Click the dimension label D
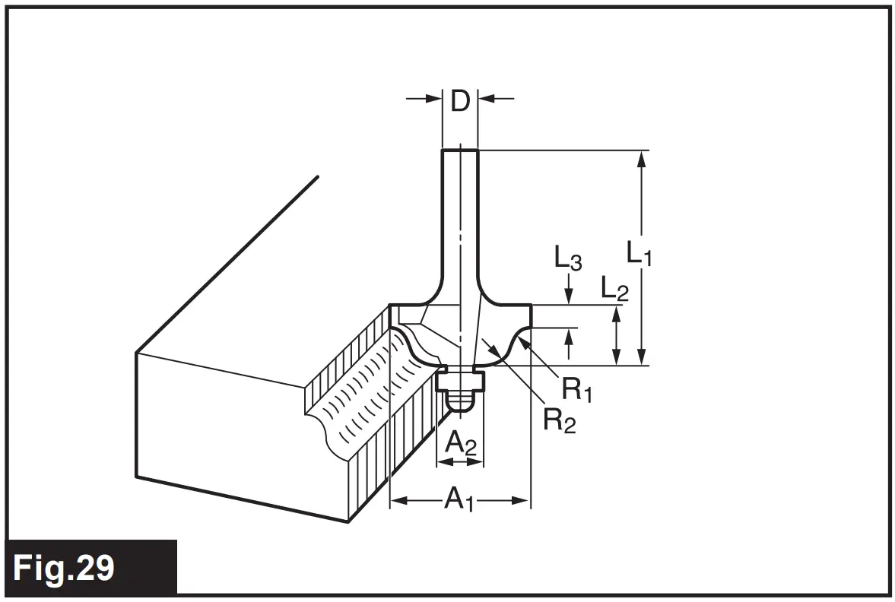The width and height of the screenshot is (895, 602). [x=460, y=100]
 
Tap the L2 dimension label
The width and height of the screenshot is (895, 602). [x=614, y=288]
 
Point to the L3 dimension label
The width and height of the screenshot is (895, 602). [x=567, y=260]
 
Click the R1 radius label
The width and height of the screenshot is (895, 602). [x=577, y=389]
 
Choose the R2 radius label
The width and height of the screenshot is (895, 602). [x=559, y=420]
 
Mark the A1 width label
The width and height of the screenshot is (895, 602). [x=459, y=499]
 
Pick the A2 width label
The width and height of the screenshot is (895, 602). [x=460, y=442]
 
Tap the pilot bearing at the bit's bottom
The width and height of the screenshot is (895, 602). [x=461, y=391]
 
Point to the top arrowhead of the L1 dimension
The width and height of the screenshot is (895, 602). [x=643, y=157]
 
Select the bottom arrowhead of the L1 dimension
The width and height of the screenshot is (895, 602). [x=643, y=358]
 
